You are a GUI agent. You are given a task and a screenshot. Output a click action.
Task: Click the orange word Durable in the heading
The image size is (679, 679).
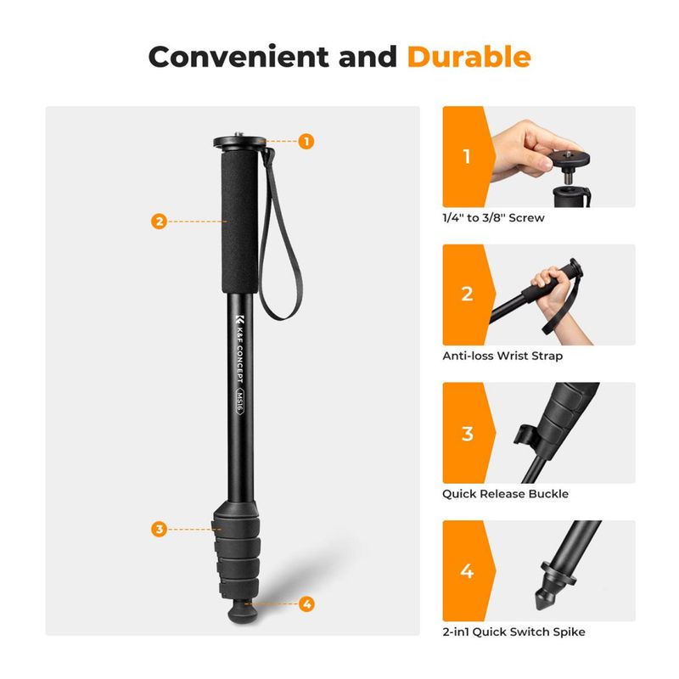469,57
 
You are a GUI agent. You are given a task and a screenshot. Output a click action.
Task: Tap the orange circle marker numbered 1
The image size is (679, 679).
306,141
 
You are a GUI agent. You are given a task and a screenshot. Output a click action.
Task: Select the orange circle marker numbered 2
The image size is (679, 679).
160,222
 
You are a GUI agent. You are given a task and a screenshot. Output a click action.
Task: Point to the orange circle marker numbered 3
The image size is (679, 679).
160,529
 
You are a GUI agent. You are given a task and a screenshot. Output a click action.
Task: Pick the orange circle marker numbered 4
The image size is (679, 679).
306,603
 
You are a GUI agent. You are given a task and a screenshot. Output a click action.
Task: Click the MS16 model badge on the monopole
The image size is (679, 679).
239,401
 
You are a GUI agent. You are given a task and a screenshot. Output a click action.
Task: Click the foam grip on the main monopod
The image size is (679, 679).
240,222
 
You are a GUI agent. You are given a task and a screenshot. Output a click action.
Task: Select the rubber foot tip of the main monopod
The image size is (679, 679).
243,611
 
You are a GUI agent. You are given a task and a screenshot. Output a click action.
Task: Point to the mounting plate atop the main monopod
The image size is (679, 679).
239,142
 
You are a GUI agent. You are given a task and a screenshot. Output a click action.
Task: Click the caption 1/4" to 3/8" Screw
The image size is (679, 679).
493,218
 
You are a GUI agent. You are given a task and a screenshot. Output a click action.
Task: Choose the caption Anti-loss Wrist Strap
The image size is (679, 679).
502,356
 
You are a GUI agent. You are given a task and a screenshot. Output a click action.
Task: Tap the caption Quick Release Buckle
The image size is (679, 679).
505,494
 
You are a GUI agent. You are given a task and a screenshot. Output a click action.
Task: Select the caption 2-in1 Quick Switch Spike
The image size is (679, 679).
513,631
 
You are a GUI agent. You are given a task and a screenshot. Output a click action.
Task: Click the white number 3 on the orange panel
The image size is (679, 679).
468,434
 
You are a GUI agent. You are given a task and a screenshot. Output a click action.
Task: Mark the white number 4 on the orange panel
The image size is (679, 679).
467,571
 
